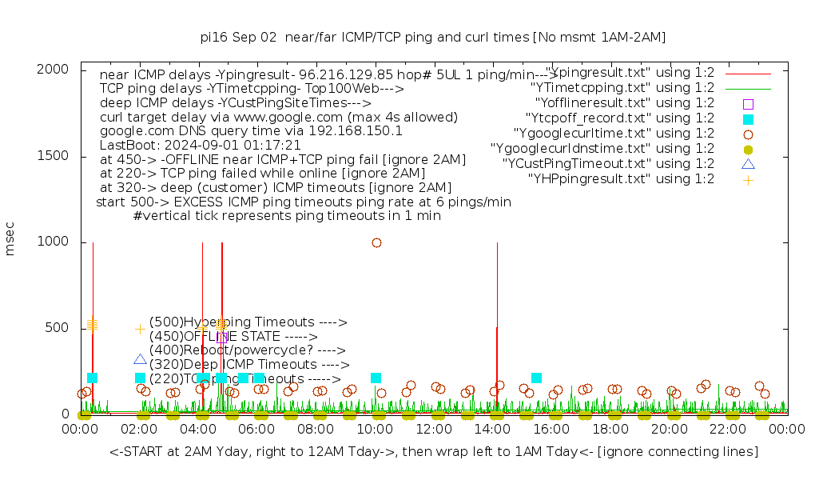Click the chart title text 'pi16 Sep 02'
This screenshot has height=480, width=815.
click(239, 37)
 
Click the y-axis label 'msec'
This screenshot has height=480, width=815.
click(10, 239)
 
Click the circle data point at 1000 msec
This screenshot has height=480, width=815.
click(376, 242)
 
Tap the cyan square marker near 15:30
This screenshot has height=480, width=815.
click(536, 378)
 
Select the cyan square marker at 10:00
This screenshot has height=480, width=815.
click(376, 378)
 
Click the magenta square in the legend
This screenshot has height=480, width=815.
click(748, 103)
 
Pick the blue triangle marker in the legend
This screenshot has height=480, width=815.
click(748, 164)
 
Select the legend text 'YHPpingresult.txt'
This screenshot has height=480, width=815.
click(621, 179)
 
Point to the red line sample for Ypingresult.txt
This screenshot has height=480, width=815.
click(748, 73)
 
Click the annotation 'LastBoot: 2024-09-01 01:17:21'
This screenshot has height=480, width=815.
click(200, 146)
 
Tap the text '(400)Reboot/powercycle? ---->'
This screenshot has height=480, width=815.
click(247, 350)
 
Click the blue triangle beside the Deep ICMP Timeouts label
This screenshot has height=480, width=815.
click(141, 359)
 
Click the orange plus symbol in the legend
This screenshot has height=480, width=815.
click(748, 179)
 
